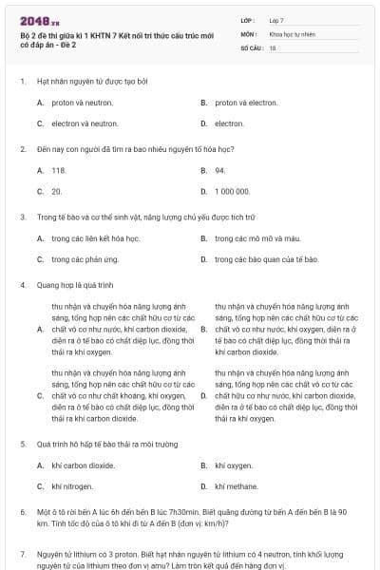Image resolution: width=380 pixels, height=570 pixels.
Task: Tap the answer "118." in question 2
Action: (59, 170)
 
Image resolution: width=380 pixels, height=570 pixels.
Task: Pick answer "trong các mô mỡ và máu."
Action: (257, 237)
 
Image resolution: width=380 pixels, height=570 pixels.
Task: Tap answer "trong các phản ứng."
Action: (85, 258)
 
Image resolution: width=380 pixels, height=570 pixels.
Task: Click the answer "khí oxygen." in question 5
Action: (234, 465)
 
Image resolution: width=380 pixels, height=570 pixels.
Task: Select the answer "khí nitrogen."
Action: (72, 486)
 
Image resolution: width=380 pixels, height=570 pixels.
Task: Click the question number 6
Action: (22, 511)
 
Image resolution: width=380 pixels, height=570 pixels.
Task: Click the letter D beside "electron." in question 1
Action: (203, 123)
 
